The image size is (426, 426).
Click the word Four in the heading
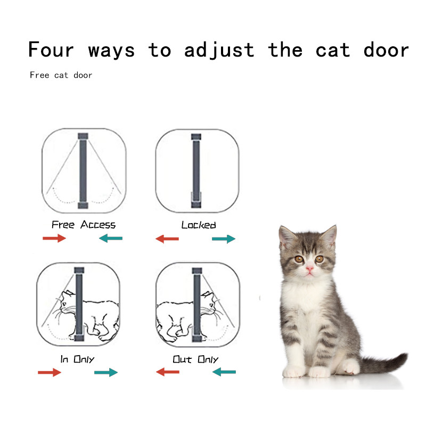(x=51, y=49)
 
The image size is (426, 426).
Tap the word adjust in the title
(x=219, y=50)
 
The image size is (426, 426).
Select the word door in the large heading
(x=386, y=50)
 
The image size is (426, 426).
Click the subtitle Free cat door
(x=61, y=75)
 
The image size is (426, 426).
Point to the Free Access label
(x=84, y=225)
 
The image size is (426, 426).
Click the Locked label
(x=199, y=225)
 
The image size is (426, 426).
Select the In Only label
(x=77, y=359)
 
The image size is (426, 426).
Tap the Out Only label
(x=195, y=359)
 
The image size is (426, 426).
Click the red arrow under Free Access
(x=54, y=238)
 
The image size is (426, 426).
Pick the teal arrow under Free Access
(x=111, y=238)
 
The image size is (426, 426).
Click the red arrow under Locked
(x=167, y=239)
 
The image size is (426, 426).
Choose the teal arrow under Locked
(x=224, y=239)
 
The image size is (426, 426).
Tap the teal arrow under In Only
(x=106, y=372)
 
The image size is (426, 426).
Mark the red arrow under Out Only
(x=168, y=372)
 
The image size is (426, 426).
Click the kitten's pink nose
(x=309, y=269)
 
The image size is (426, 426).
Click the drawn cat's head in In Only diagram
(x=67, y=301)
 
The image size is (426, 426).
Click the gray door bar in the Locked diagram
(x=196, y=170)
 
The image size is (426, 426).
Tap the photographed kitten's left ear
(x=286, y=236)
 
